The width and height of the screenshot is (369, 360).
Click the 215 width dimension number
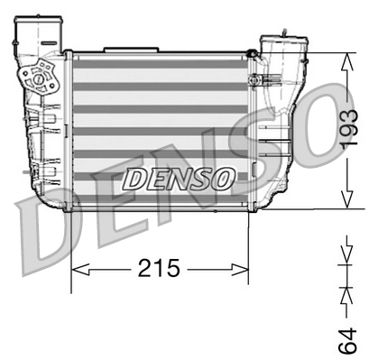[161, 268]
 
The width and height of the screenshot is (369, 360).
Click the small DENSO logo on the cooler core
[177, 178]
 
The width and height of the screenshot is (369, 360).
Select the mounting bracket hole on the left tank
[40, 78]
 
